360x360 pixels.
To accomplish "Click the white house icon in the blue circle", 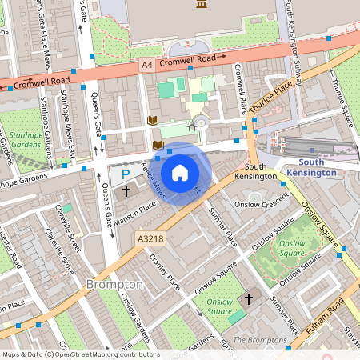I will click(180, 172).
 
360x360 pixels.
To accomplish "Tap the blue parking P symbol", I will click(123, 174).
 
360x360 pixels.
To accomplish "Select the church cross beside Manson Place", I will click(127, 191).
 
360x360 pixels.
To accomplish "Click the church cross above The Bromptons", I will click(248, 299).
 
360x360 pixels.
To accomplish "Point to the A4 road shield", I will click(146, 62).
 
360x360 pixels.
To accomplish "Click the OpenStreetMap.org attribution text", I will click(104, 354).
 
